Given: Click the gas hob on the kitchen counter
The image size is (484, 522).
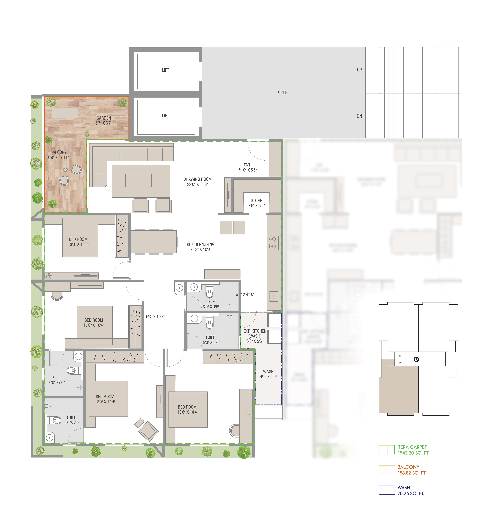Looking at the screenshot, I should pos(274,243).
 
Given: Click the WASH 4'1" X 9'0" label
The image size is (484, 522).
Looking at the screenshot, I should pos(268,374).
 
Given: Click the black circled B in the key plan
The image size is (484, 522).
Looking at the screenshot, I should pos(416,359).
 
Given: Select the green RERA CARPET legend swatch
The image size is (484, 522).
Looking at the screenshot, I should pos(387,450).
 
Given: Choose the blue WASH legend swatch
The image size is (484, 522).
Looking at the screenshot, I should pos(387,490).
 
